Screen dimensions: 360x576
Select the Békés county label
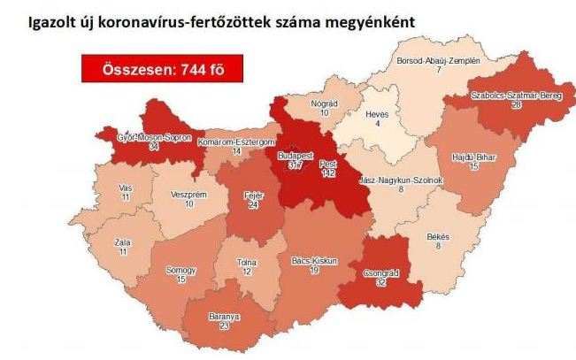pyautogui.click(x=438, y=237)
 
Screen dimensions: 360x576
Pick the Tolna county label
pyautogui.click(x=247, y=262)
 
